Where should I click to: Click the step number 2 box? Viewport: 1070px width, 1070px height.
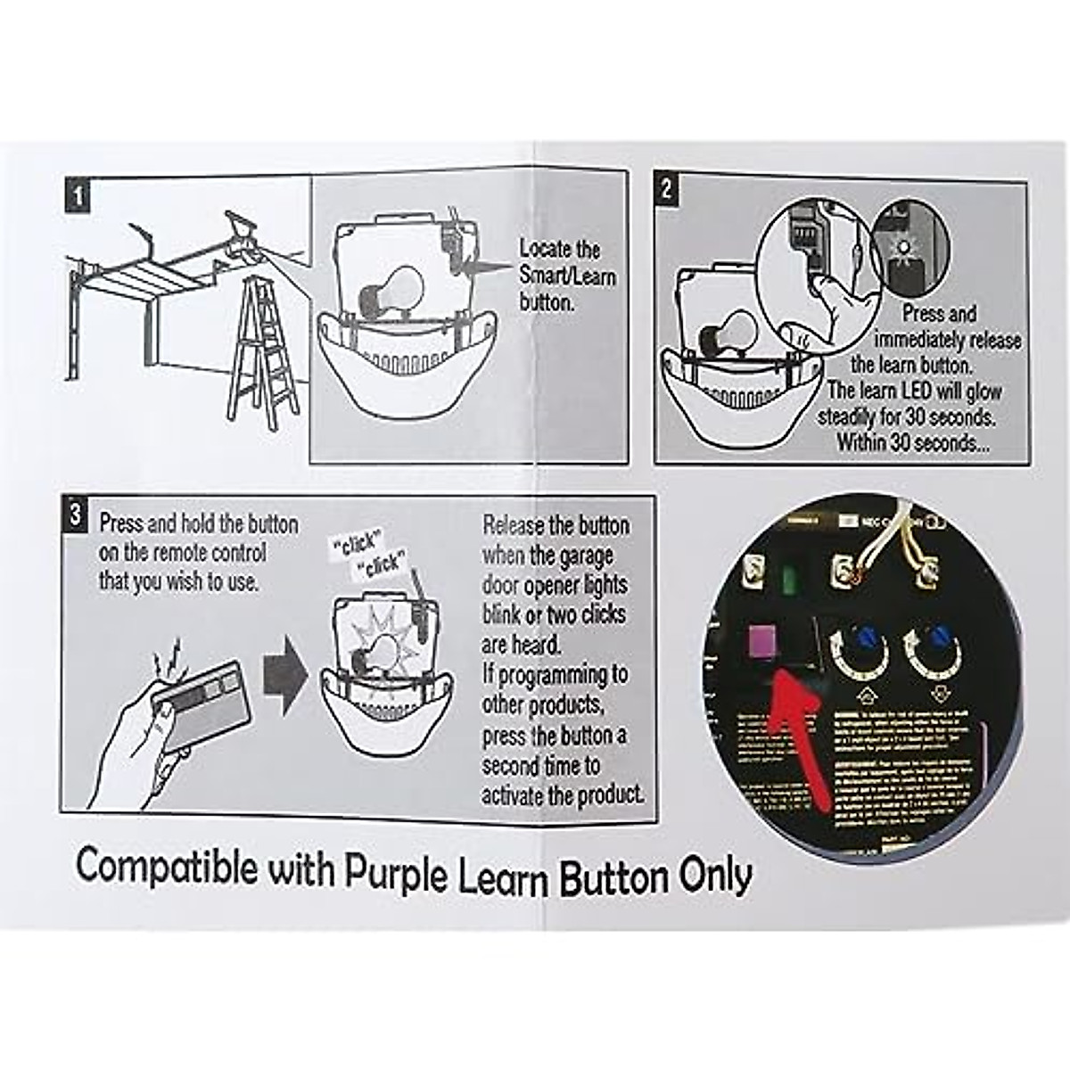[x=667, y=189]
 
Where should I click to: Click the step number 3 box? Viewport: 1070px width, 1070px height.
[x=77, y=515]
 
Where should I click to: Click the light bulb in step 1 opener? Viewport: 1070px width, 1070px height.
[x=393, y=290]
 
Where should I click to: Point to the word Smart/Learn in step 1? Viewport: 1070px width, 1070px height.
[x=568, y=276]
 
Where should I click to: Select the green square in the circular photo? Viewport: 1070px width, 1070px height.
[x=788, y=580]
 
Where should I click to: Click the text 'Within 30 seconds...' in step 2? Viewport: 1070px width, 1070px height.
[x=912, y=442]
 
